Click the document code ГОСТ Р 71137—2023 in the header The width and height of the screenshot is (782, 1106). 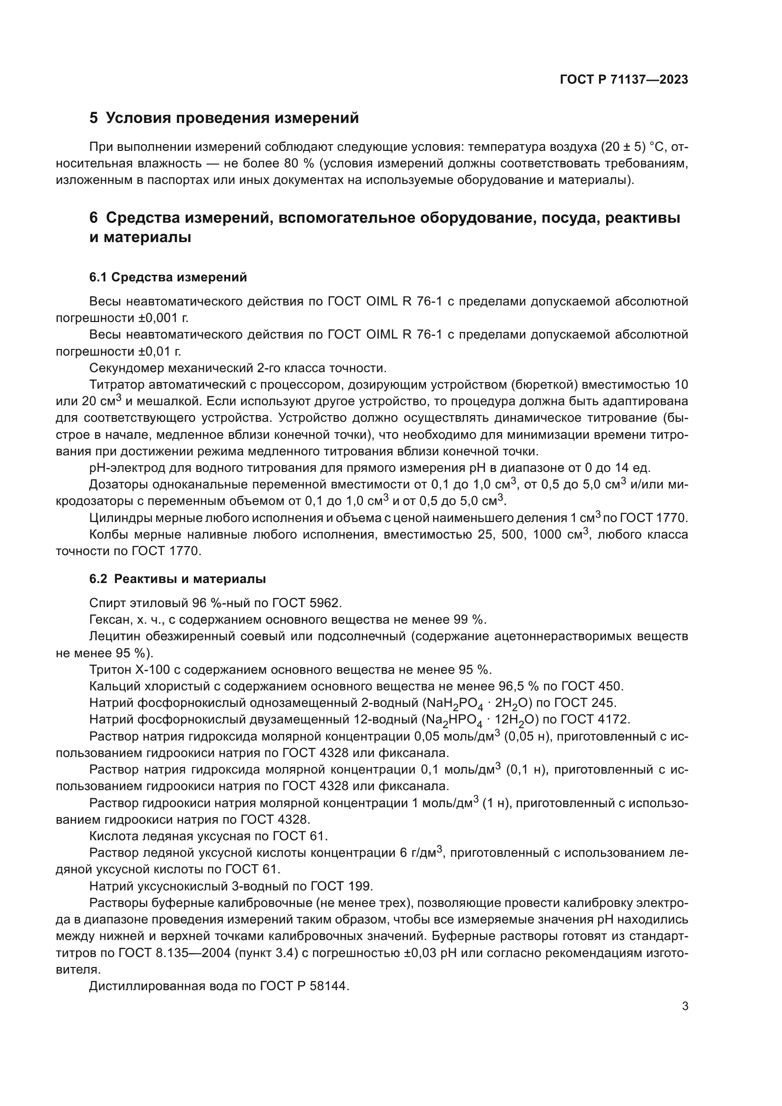[624, 80]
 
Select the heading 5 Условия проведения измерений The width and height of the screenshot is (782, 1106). [225, 118]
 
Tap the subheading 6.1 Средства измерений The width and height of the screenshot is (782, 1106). [168, 278]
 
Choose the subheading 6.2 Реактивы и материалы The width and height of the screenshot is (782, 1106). [178, 579]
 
